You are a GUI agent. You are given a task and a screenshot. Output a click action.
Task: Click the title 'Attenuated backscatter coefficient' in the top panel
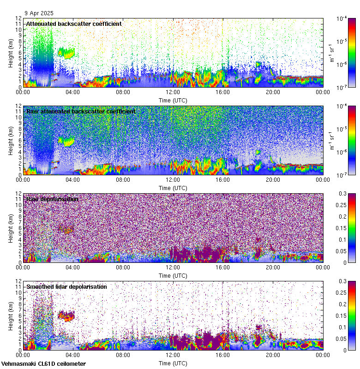74,24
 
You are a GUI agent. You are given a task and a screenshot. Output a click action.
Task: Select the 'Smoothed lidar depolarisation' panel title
66,286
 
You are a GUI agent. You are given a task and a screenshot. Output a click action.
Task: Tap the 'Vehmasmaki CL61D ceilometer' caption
43,363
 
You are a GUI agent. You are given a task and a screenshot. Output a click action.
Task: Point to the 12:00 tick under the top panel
173,92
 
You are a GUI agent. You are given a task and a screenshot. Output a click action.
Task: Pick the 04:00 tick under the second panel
73,179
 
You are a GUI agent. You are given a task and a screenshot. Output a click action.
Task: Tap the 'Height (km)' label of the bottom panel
11,315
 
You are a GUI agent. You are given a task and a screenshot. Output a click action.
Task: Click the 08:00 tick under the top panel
123,92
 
